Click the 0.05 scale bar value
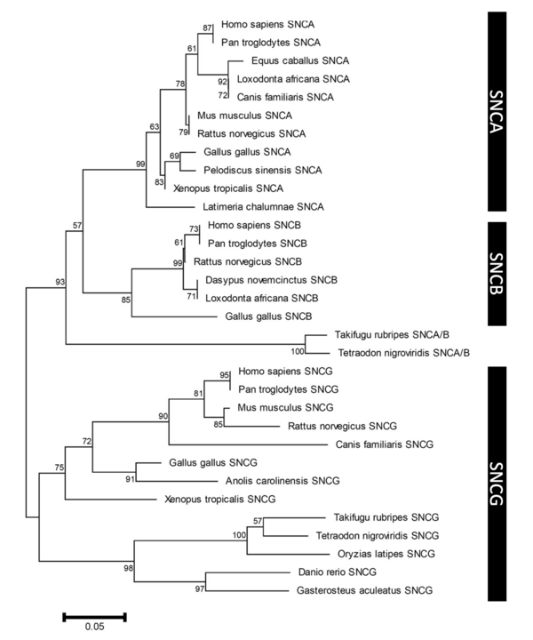(94, 628)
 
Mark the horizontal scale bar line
(94, 614)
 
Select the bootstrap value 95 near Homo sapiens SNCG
(224, 375)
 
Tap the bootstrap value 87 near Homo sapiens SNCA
(208, 29)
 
